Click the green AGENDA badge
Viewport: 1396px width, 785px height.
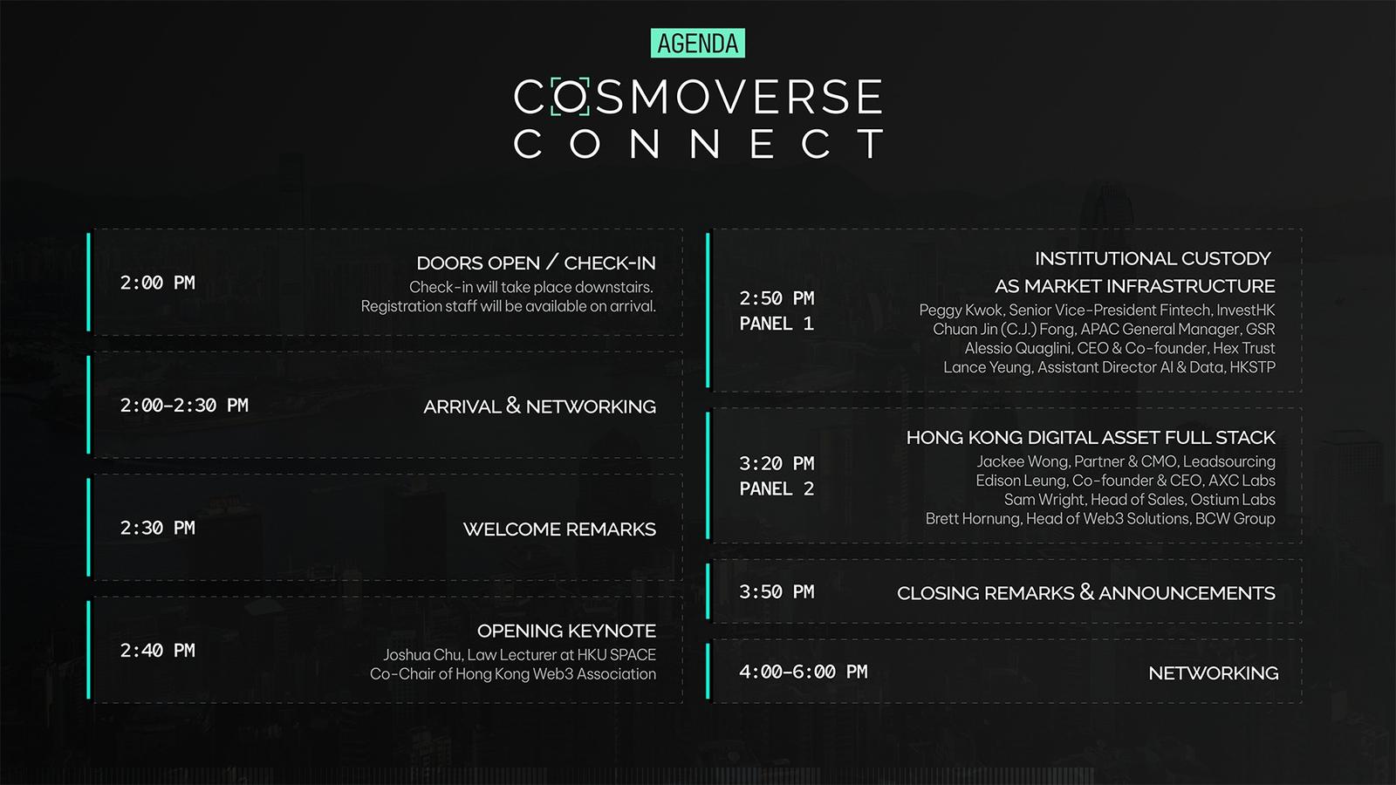697,43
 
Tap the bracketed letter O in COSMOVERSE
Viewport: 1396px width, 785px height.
570,97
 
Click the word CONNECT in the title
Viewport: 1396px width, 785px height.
698,144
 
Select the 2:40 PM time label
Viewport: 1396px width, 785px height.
158,651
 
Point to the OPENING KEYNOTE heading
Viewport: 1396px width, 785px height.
566,631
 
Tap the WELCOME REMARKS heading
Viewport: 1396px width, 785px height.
559,529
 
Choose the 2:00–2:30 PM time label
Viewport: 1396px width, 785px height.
184,406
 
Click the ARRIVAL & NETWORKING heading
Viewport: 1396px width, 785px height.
540,406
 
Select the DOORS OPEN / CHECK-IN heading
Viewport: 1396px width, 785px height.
536,263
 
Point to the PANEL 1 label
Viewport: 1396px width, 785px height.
777,324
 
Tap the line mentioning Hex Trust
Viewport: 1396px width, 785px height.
1120,348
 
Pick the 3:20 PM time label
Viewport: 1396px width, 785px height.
777,463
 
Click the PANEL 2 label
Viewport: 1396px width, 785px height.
777,489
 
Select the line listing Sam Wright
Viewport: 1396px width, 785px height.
1139,500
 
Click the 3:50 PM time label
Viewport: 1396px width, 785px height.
777,592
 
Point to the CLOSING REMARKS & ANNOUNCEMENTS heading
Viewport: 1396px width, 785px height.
1086,592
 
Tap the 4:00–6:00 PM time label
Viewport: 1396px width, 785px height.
804,672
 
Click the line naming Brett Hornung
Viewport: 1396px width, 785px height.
1100,518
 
